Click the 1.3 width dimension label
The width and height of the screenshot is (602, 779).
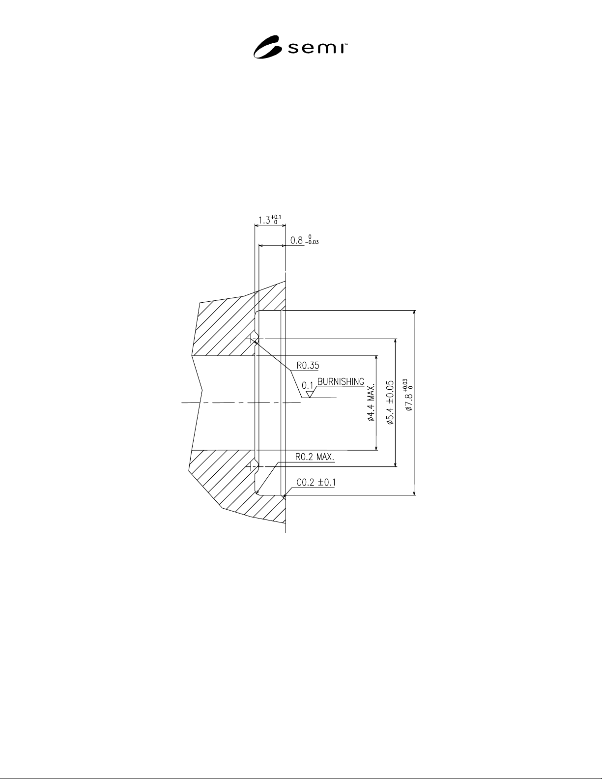click(269, 220)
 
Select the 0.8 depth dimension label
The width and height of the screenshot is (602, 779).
click(304, 240)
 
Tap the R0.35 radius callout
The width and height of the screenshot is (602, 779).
click(308, 366)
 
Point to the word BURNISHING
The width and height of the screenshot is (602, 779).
click(341, 382)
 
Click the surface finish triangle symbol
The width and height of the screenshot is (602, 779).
click(310, 394)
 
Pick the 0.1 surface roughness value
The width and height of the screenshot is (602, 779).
click(308, 385)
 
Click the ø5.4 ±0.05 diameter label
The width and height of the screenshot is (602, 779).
click(390, 403)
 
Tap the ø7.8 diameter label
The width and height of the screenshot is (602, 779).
click(408, 394)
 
